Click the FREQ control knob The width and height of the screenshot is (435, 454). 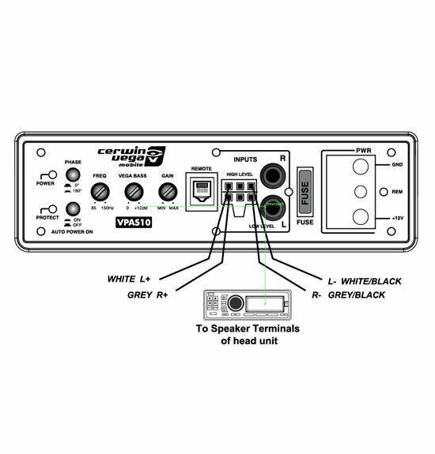[x=100, y=192]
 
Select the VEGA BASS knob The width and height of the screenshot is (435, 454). [x=134, y=192]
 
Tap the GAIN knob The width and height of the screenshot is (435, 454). [x=168, y=192]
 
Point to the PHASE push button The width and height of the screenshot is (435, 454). [x=74, y=175]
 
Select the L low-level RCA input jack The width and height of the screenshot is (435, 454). [x=276, y=209]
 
